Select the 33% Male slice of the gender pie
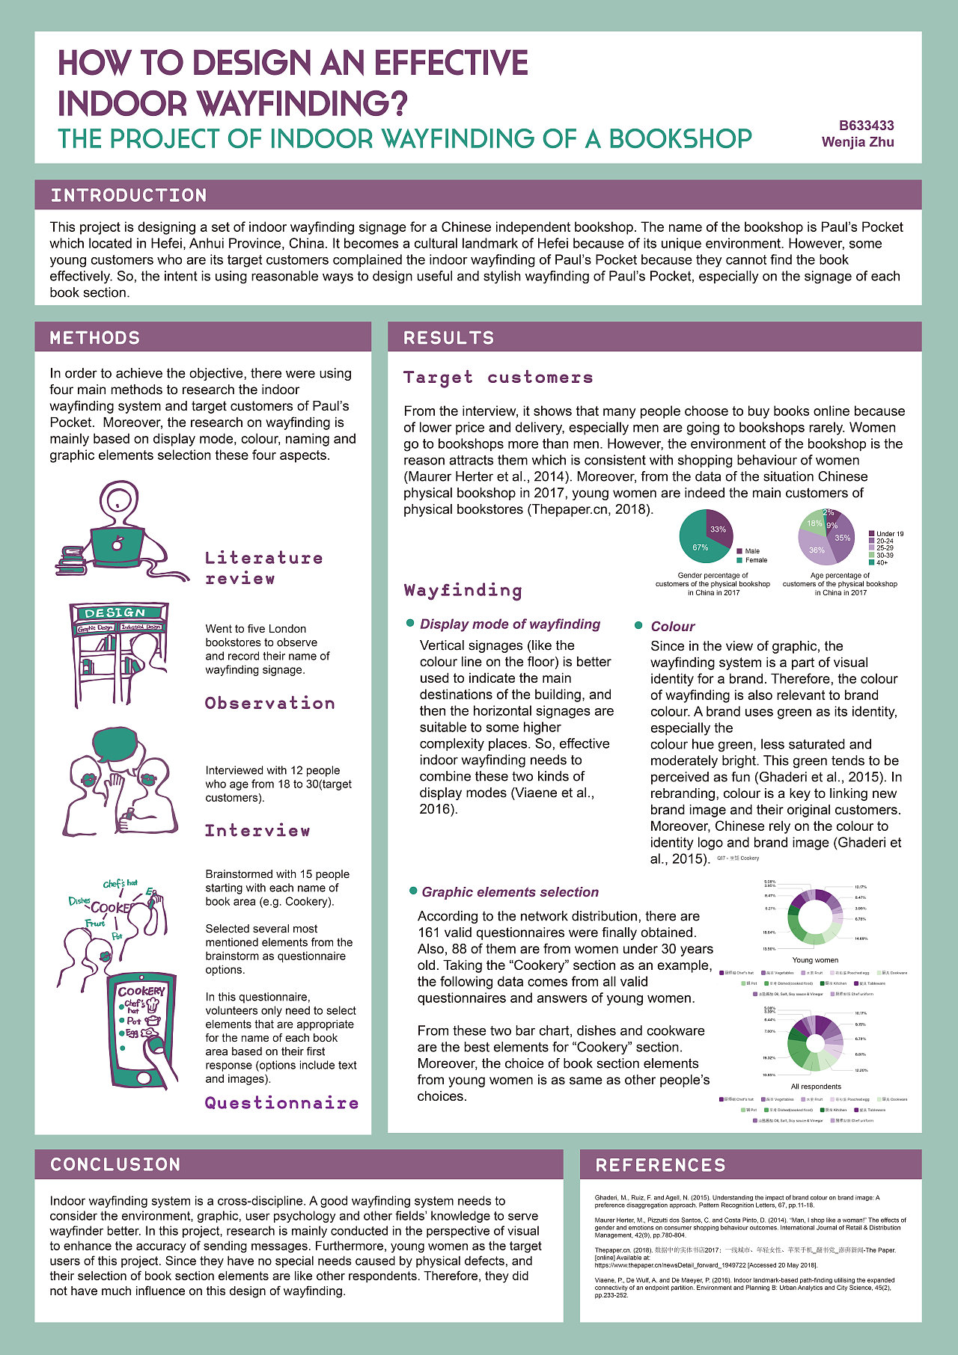[x=719, y=525]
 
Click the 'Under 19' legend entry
[x=889, y=534]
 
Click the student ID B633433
[x=866, y=126]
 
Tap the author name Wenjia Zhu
[x=858, y=142]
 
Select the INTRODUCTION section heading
[x=129, y=195]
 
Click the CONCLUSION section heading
[x=115, y=1164]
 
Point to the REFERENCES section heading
[x=660, y=1165]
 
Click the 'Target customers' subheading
[x=498, y=378]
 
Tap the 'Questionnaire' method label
[x=281, y=1103]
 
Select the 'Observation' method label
[x=269, y=703]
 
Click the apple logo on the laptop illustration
[x=118, y=544]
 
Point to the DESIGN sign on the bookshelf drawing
[x=116, y=613]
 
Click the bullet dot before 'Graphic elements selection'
[x=413, y=891]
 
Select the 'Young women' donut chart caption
[x=815, y=960]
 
